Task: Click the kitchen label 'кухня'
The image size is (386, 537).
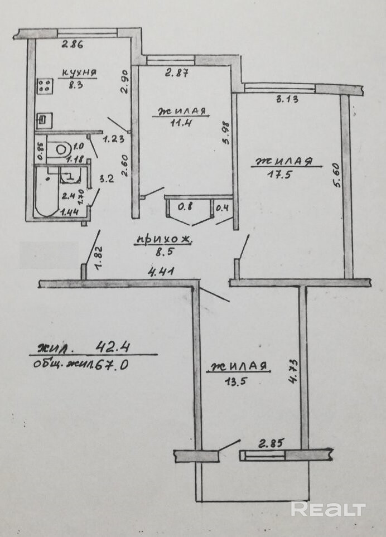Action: [x=79, y=72]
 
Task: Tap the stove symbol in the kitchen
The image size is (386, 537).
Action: [x=45, y=86]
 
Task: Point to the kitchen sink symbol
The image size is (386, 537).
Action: [x=43, y=119]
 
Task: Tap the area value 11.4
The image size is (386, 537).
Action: [x=181, y=123]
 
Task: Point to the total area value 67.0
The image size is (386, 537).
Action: [x=119, y=365]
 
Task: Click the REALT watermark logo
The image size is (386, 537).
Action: [x=328, y=509]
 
